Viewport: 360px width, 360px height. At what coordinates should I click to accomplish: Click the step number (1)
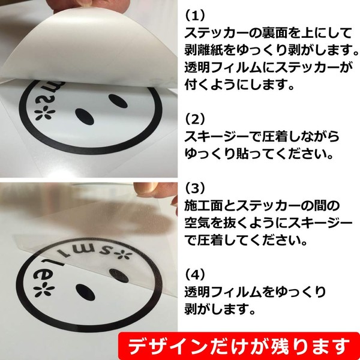194,16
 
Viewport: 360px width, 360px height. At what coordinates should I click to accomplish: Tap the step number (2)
194,119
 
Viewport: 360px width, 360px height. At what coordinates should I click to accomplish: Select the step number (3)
194,188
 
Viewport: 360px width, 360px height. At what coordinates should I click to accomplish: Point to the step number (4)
194,275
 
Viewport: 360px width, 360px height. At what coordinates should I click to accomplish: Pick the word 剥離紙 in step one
203,51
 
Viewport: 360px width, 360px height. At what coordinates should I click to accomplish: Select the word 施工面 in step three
203,206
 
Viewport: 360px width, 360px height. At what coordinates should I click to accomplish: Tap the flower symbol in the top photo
45,113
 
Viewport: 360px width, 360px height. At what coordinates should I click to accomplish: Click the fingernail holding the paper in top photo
85,3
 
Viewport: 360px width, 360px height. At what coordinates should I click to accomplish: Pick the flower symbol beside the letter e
44,291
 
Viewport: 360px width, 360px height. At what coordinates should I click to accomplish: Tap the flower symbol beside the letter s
125,255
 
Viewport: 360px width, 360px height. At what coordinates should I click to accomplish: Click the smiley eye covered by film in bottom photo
119,276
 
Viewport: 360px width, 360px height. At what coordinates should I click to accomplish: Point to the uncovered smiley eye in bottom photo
85,292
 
